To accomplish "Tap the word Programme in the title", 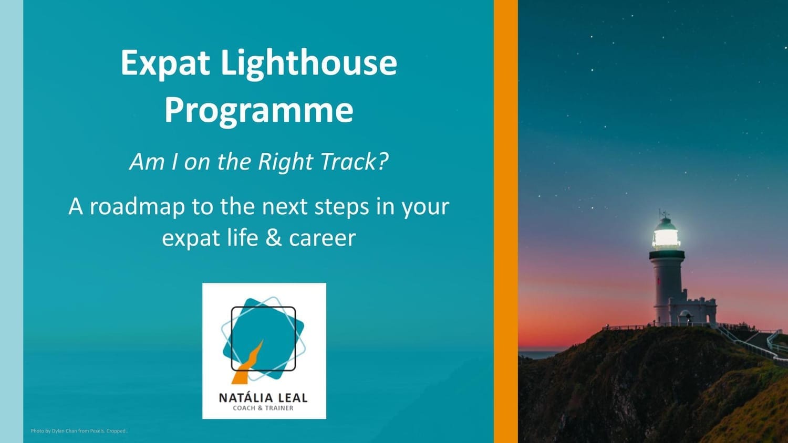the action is tap(259, 112).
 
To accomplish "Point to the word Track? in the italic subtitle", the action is tap(355, 162).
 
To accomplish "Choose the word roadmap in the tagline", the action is tap(138, 206).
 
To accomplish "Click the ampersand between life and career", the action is tap(274, 238).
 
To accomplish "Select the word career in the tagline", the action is tap(322, 239).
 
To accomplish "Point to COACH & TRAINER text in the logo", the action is tap(263, 408).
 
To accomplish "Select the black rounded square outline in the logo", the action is tap(263, 307).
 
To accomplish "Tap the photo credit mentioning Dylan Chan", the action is tap(79, 431).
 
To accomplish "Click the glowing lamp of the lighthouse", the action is tap(666, 238).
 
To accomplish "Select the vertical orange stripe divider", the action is tap(505, 221).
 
